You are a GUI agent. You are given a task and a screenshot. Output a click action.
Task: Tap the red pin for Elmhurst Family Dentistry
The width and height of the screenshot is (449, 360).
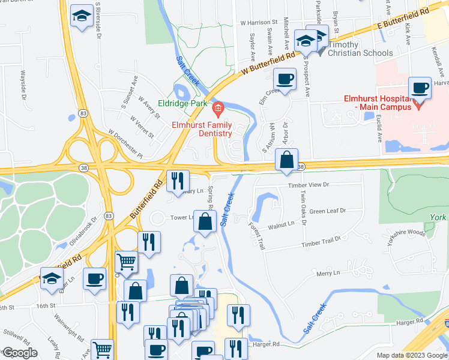click(x=218, y=108)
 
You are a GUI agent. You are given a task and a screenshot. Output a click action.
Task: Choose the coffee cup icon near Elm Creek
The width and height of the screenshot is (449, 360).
click(x=285, y=78)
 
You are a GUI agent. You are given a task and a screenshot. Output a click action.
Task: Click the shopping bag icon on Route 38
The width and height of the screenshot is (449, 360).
click(x=287, y=160)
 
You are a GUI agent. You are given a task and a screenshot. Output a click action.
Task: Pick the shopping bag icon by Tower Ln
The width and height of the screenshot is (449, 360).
click(x=205, y=221)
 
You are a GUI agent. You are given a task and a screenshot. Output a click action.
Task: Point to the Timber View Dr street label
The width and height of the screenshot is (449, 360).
click(x=309, y=186)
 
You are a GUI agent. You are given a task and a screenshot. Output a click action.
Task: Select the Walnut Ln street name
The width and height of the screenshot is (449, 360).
click(x=282, y=224)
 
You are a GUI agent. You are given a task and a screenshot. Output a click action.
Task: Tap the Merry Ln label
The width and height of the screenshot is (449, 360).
click(x=328, y=273)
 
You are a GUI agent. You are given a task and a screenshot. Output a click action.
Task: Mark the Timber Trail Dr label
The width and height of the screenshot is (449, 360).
click(x=321, y=242)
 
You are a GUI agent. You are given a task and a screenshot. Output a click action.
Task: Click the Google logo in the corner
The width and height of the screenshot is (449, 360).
click(x=21, y=353)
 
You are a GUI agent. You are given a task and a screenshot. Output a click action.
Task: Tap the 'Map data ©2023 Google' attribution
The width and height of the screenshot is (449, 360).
click(x=411, y=355)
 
